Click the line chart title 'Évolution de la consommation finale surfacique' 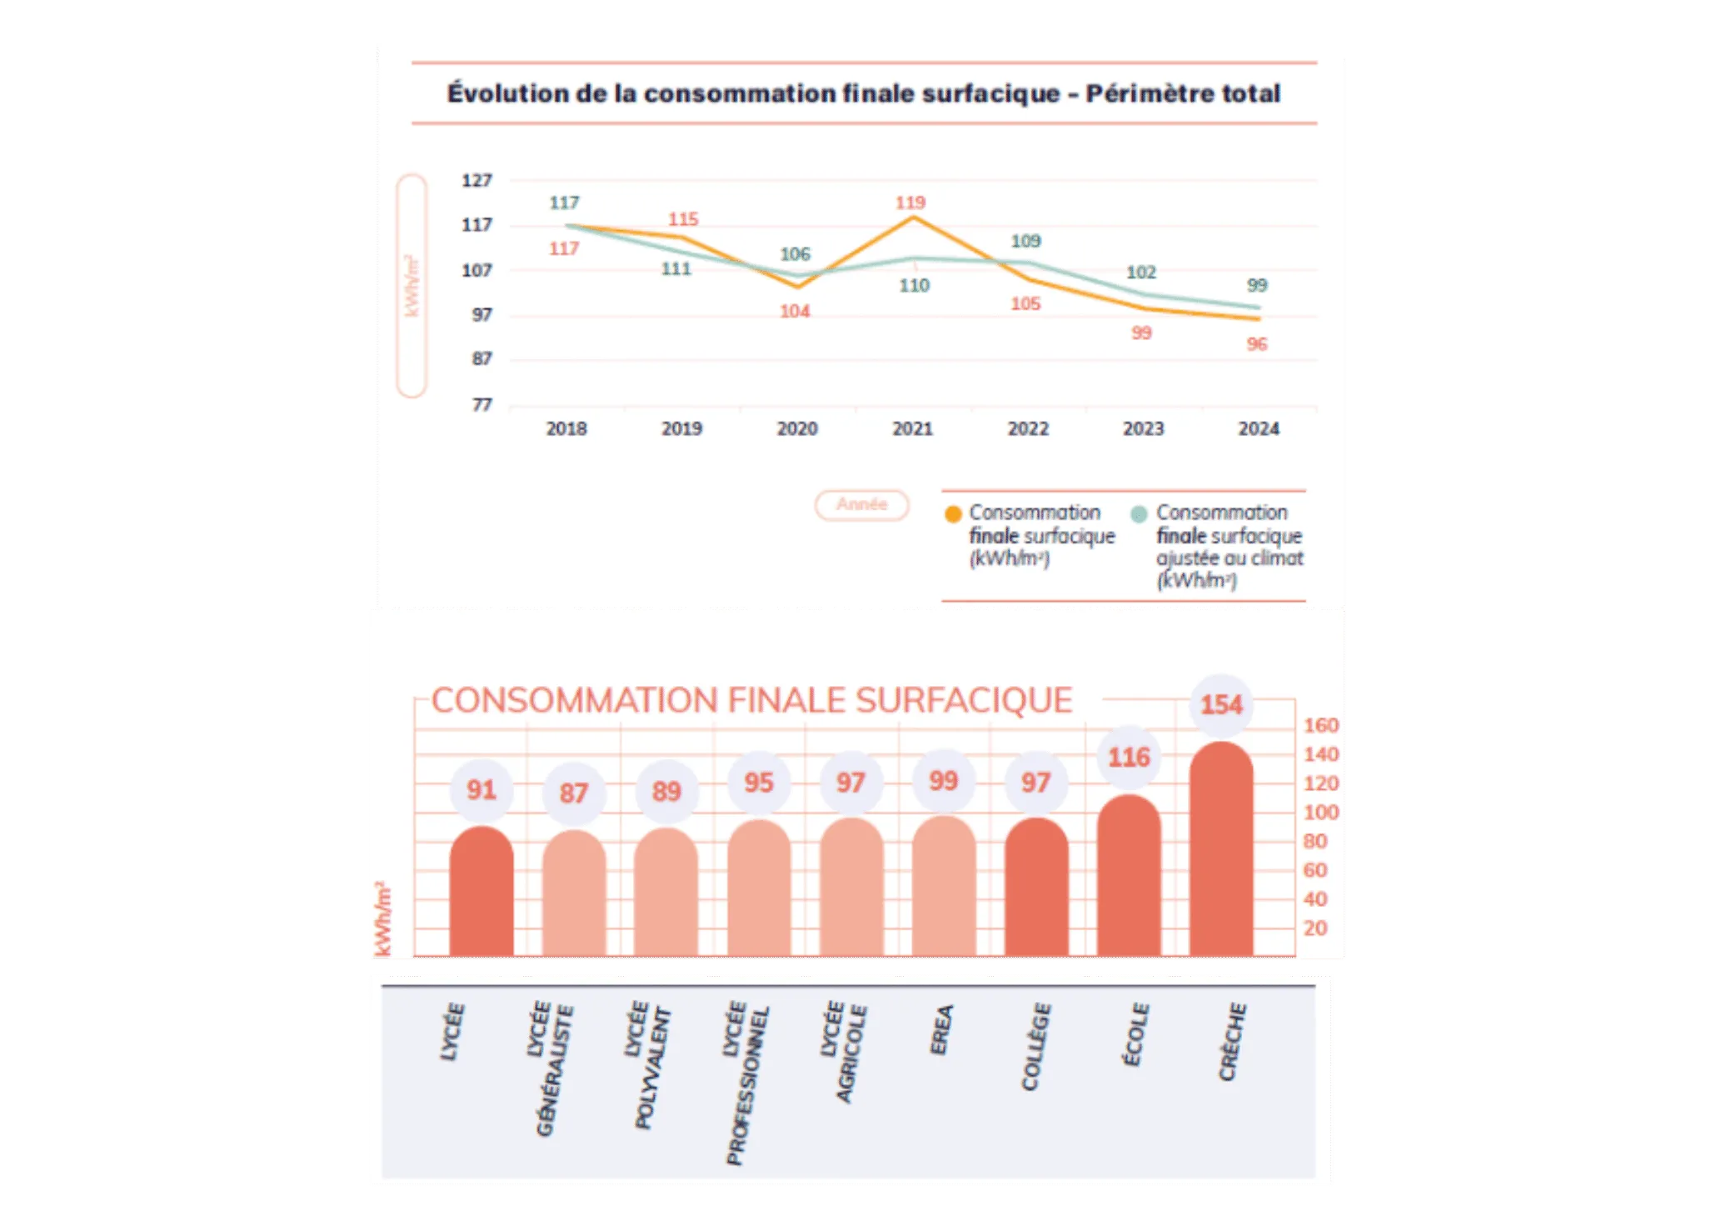click(x=863, y=93)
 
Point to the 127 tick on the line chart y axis click(x=476, y=180)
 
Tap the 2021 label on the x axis click(x=912, y=428)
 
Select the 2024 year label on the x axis click(x=1258, y=428)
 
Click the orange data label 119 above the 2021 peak click(x=910, y=203)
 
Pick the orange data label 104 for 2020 click(x=795, y=312)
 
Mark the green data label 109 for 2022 click(x=1025, y=241)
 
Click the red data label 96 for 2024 click(x=1256, y=344)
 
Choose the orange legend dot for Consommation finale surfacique click(x=953, y=514)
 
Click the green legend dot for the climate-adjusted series click(x=1139, y=514)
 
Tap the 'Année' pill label click(x=861, y=505)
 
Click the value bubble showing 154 click(x=1220, y=705)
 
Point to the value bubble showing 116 click(x=1128, y=758)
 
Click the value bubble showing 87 click(x=573, y=793)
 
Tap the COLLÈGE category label click(x=1035, y=1047)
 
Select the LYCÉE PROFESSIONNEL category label click(x=746, y=1083)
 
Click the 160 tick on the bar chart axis click(x=1320, y=725)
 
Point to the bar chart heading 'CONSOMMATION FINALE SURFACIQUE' click(x=751, y=701)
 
